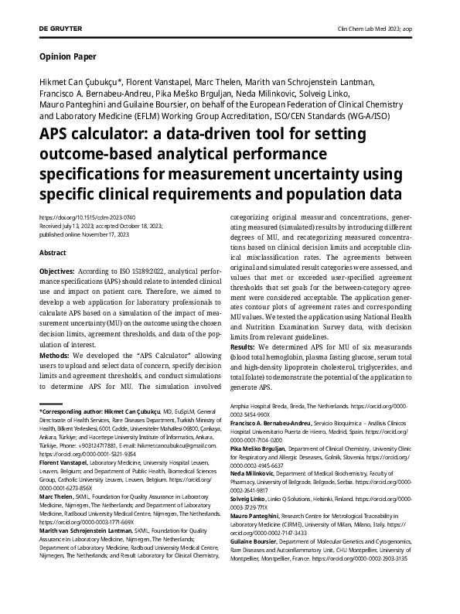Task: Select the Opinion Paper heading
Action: [66, 57]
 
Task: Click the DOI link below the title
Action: [82, 218]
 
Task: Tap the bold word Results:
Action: [247, 349]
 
